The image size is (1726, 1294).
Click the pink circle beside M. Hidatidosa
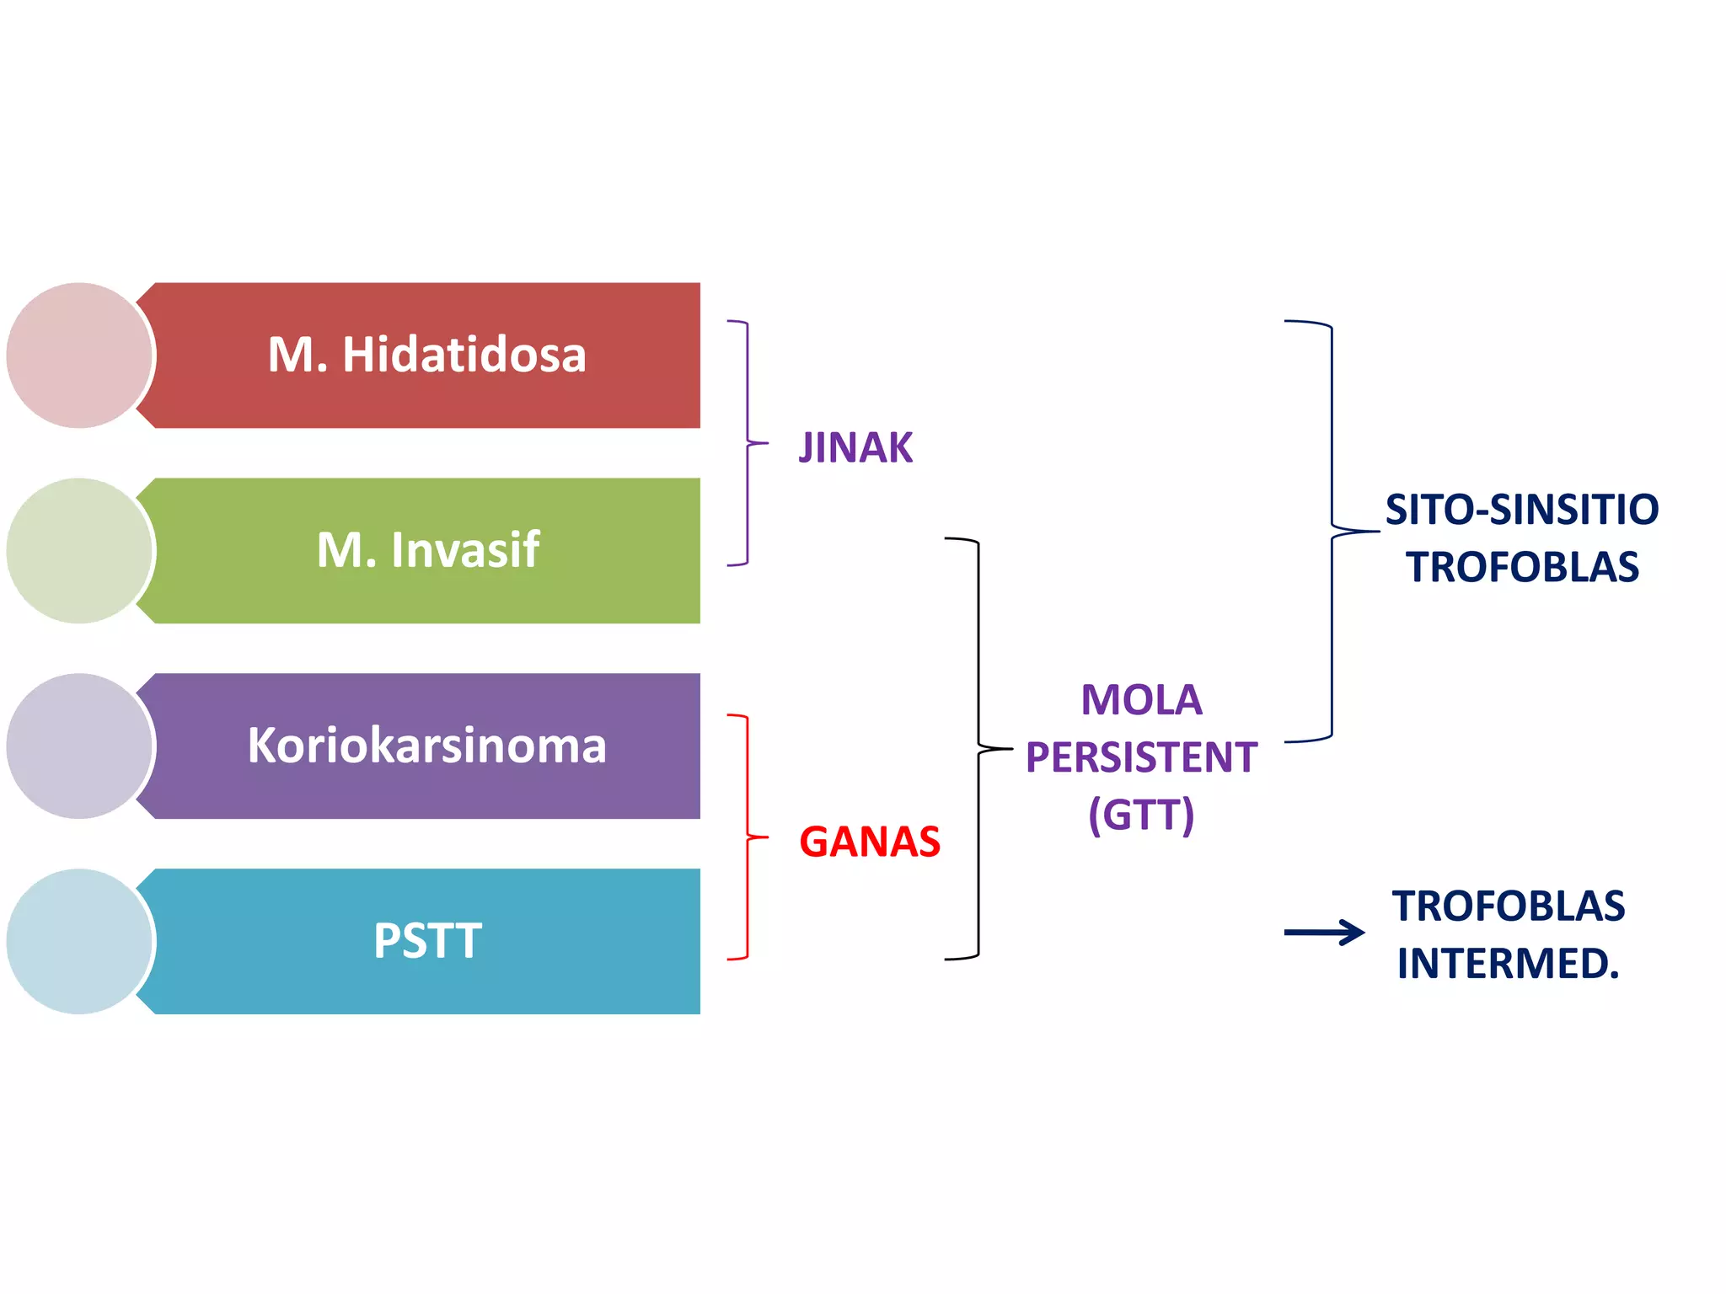coord(78,355)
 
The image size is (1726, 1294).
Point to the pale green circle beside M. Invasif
coord(78,550)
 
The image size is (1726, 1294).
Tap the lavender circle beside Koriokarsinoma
coord(78,746)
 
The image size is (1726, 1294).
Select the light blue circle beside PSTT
coord(78,941)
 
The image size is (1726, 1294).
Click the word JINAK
coord(855,447)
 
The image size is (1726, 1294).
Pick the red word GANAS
coord(869,842)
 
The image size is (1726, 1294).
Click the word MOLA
coord(1141,700)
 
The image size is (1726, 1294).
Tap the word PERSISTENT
coord(1141,757)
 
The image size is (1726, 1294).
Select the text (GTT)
coord(1141,815)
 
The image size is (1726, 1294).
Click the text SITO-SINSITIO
coord(1521,510)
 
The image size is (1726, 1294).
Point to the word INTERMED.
coord(1508,963)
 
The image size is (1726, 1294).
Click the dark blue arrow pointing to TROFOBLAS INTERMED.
coord(1324,932)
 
